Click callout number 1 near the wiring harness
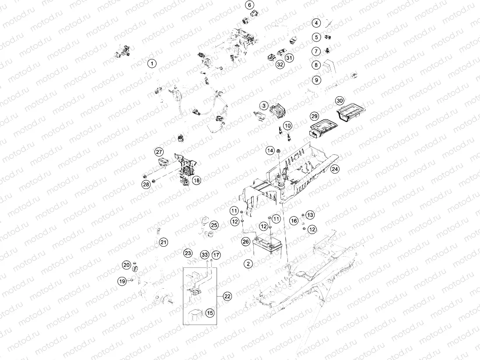pyautogui.click(x=151, y=64)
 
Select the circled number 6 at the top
pyautogui.click(x=249, y=5)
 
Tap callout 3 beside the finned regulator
pyautogui.click(x=264, y=105)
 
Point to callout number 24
pyautogui.click(x=335, y=169)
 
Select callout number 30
pyautogui.click(x=340, y=101)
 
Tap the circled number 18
pyautogui.click(x=196, y=180)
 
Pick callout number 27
pyautogui.click(x=158, y=152)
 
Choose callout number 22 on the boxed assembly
pyautogui.click(x=227, y=296)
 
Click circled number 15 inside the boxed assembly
pyautogui.click(x=210, y=313)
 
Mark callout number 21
pyautogui.click(x=163, y=242)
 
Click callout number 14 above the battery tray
pyautogui.click(x=270, y=150)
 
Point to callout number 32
pyautogui.click(x=280, y=64)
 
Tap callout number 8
pyautogui.click(x=316, y=65)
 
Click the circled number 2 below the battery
pyautogui.click(x=248, y=263)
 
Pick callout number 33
pyautogui.click(x=204, y=255)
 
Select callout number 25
pyautogui.click(x=214, y=225)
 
